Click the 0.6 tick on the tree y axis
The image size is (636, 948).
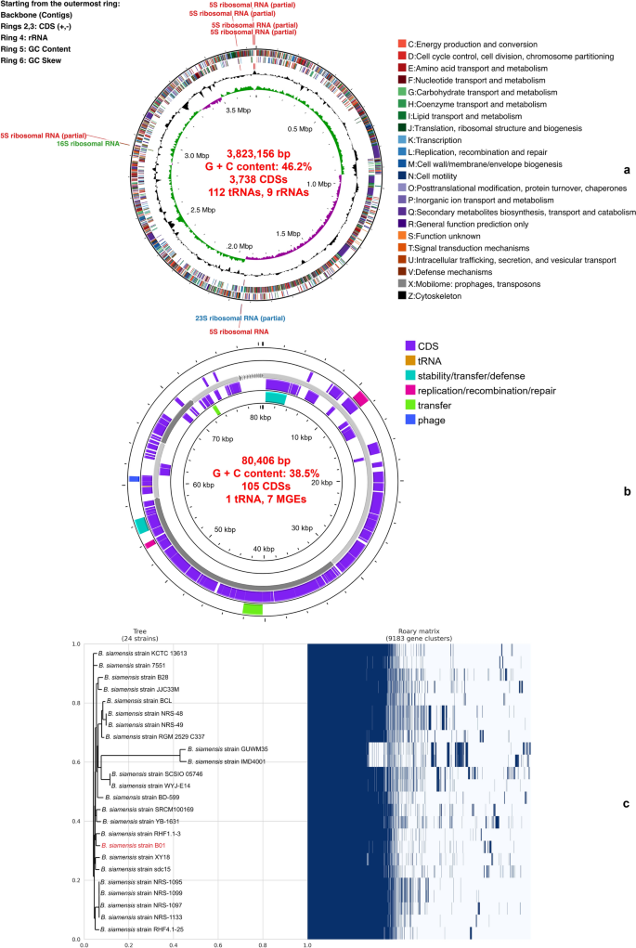tap(75, 761)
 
